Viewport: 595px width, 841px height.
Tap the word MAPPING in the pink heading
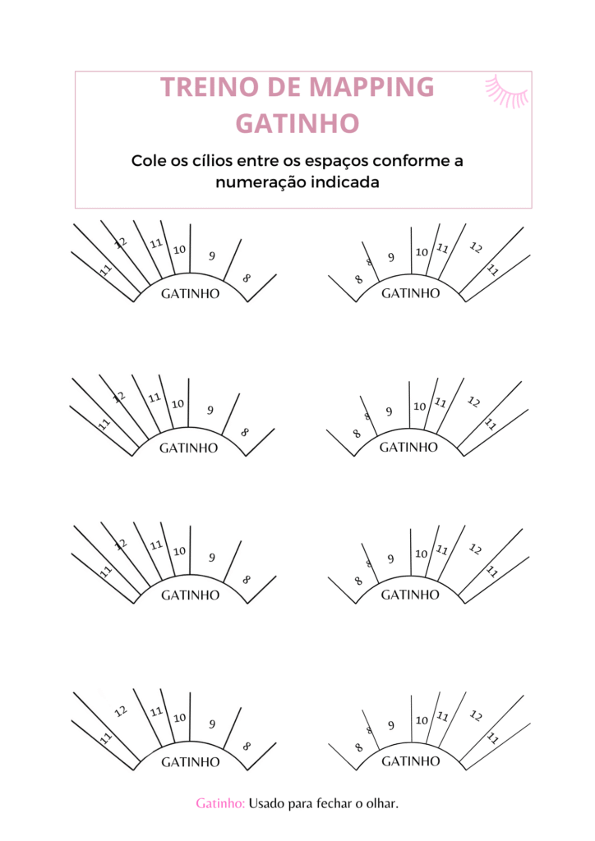371,87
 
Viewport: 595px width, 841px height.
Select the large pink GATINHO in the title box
297,123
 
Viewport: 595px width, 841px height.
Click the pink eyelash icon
507,92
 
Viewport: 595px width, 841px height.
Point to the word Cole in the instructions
149,160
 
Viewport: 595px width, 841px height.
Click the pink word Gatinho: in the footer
220,803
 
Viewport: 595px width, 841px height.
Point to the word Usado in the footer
267,803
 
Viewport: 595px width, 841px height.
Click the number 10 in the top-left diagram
179,250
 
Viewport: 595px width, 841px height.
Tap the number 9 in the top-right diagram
391,257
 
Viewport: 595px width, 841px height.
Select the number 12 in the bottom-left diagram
121,711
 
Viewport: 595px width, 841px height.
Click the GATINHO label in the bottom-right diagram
410,761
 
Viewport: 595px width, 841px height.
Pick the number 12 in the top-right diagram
475,247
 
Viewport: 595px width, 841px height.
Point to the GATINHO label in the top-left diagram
191,293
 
